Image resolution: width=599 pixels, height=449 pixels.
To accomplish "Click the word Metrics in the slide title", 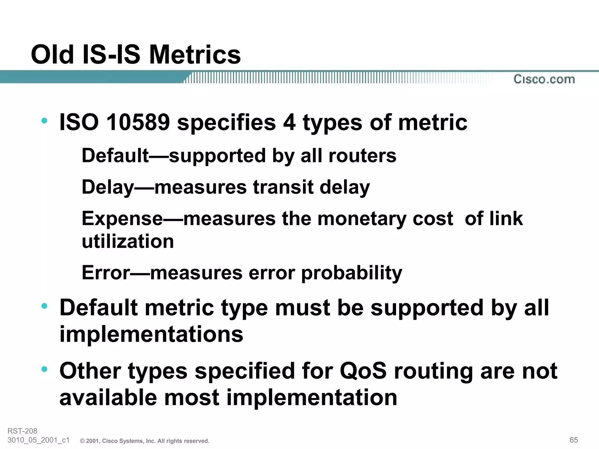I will pos(195,55).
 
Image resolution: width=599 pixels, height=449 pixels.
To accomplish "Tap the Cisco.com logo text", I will pos(544,79).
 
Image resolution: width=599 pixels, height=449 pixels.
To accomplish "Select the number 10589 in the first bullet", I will pos(138,122).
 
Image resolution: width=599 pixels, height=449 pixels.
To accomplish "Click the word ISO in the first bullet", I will pos(79,122).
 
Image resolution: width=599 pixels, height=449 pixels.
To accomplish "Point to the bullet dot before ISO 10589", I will pos(44,120).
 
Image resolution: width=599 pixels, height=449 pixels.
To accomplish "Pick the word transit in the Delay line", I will pos(283,187).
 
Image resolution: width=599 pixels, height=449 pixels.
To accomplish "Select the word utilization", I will pos(128,241).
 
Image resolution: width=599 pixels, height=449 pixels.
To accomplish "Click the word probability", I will pos(352,273).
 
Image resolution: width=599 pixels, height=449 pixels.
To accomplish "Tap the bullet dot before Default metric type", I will pos(44,306).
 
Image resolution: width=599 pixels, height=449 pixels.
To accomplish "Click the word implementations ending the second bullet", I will pos(151,334).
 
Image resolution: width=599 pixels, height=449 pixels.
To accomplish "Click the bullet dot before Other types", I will pos(44,369).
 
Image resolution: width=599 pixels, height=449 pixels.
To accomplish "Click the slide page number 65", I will pos(574,440).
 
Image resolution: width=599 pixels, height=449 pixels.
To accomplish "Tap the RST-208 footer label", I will pos(22,431).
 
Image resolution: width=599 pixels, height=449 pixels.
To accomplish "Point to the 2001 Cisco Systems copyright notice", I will pos(145,441).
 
